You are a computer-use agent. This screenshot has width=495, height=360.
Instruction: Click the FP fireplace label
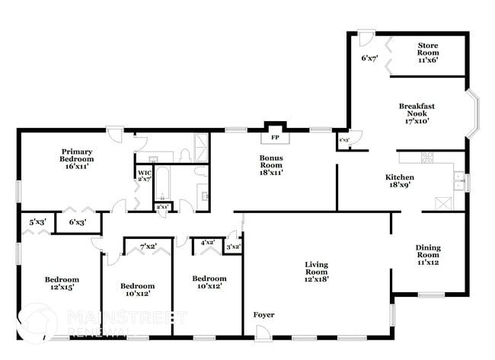pos(275,139)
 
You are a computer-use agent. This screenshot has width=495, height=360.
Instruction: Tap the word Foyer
pos(263,314)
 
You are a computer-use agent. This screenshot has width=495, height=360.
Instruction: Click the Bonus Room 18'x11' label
pos(272,166)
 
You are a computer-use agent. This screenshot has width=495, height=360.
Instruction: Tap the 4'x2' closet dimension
pos(207,244)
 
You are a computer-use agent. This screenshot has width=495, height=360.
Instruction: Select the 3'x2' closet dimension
pos(234,246)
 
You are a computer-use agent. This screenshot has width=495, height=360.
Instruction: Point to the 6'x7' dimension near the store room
pos(371,58)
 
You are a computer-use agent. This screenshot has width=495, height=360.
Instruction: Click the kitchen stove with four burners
pos(426,159)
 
